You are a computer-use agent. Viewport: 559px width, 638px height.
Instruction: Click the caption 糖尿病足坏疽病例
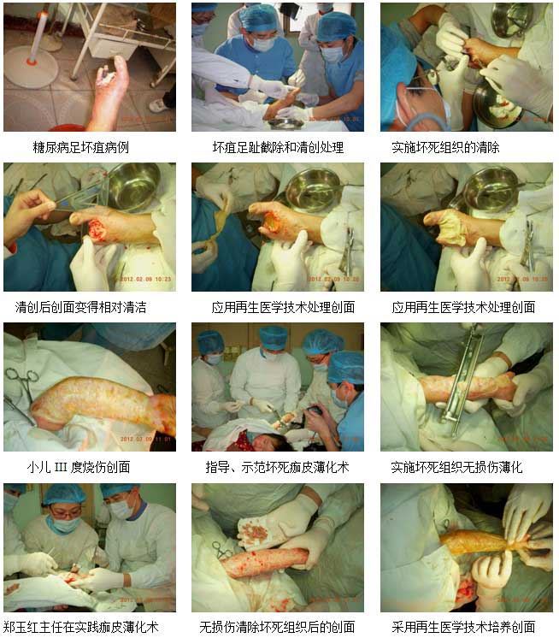81,147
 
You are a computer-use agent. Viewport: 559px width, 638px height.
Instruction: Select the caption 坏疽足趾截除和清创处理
278,147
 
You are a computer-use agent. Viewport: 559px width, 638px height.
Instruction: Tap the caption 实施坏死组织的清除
445,147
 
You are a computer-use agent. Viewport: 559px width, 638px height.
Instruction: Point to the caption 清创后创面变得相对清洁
80,307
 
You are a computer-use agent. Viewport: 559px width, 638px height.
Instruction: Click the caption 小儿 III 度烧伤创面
79,467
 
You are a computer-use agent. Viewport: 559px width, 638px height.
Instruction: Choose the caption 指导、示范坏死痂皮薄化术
277,467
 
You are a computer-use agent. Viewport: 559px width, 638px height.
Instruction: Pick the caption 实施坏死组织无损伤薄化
456,467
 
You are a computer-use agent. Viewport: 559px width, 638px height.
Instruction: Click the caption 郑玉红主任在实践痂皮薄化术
80,627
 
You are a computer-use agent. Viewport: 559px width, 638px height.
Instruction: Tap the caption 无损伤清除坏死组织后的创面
277,627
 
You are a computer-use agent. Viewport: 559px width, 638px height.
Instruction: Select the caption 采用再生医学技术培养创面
463,627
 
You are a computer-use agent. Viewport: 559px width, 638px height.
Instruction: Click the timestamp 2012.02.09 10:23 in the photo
145,279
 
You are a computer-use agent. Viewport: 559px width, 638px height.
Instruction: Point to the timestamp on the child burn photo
145,439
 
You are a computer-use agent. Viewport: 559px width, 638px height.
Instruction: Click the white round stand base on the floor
31,67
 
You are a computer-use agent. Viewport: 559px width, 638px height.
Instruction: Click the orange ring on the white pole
32,62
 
